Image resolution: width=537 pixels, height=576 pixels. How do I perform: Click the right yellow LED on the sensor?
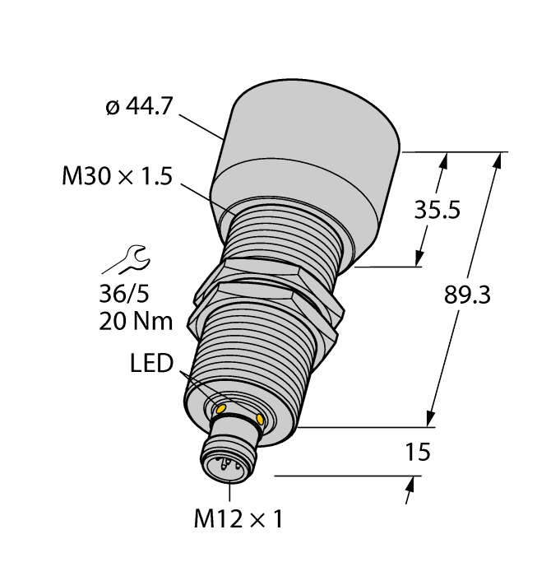261,420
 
